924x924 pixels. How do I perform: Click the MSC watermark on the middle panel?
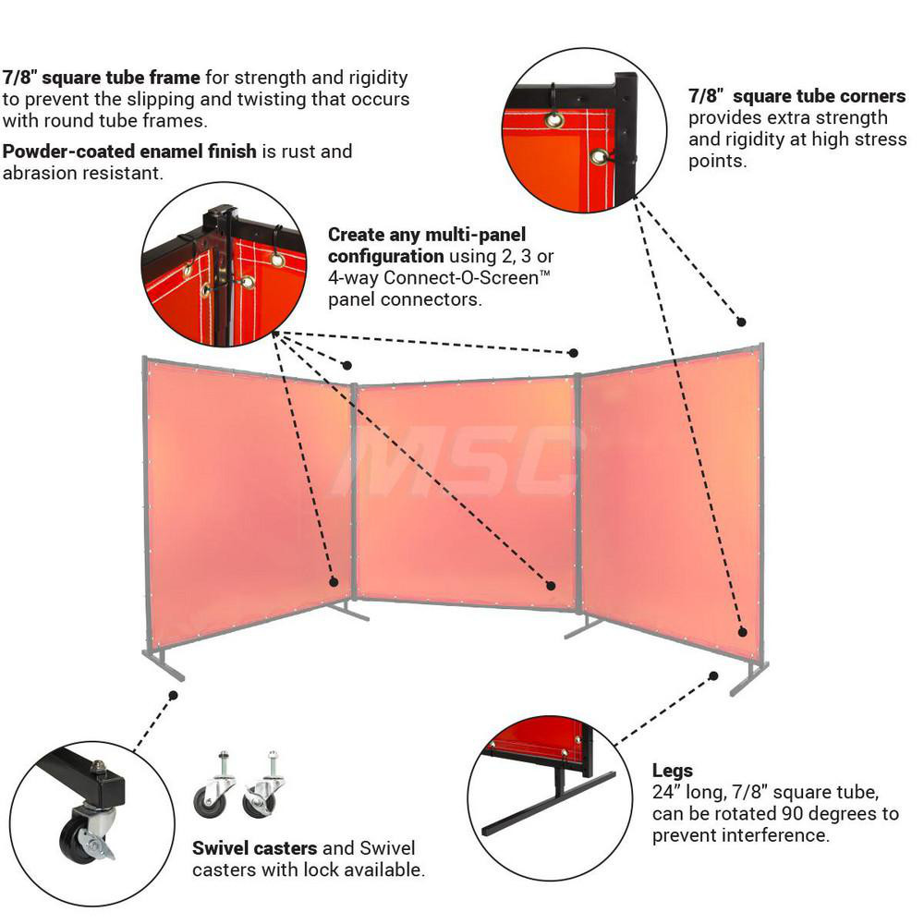pyautogui.click(x=462, y=462)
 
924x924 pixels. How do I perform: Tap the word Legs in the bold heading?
pyautogui.click(x=673, y=771)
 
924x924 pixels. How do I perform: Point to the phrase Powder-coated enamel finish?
pyautogui.click(x=129, y=152)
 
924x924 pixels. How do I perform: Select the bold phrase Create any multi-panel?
pyautogui.click(x=426, y=235)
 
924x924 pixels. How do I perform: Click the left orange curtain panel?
pyautogui.click(x=245, y=499)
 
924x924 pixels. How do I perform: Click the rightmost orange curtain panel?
pyautogui.click(x=670, y=499)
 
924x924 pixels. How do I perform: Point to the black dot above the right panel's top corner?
pyautogui.click(x=741, y=322)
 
